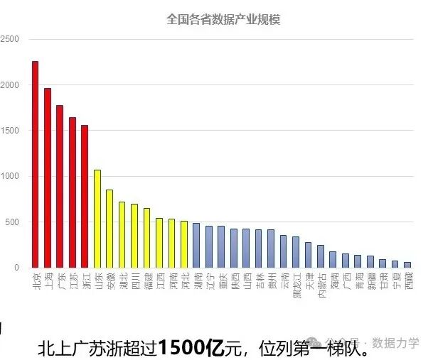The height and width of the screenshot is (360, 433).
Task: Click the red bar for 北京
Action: pos(35,164)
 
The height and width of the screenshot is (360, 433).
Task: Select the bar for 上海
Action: pos(48,178)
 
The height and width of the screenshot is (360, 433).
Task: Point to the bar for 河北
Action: pos(183,244)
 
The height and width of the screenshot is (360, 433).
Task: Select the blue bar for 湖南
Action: pos(196,246)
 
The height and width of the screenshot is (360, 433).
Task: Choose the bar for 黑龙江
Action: pos(296,252)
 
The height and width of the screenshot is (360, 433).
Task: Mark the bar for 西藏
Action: pos(407,265)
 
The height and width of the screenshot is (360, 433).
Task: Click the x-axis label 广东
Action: pos(60,280)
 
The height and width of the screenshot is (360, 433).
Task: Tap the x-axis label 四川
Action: pos(134,280)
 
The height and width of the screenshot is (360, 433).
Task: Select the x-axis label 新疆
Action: pos(370,280)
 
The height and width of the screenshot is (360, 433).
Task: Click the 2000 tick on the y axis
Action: pos(10,85)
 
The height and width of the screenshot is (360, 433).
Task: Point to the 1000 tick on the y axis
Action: pos(10,177)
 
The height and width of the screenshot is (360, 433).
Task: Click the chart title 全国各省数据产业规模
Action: pos(223,19)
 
